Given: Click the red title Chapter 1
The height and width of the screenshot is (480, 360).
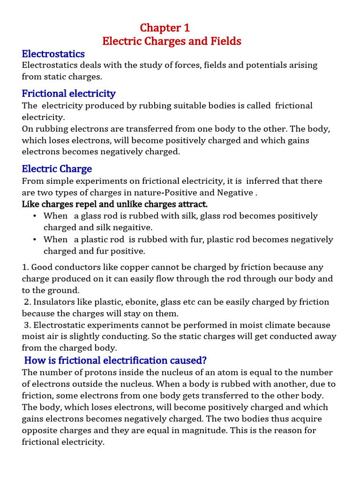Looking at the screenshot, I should tap(165, 28).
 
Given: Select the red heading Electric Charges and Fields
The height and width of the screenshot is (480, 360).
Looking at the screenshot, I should tap(172, 41).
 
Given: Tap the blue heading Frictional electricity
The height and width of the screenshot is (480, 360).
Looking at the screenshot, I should tap(68, 93).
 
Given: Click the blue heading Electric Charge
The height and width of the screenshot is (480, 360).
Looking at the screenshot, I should tap(57, 169).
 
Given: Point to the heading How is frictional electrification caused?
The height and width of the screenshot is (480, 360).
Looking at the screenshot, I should tap(115, 360).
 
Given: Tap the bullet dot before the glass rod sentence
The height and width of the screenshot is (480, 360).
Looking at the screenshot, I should tap(35, 216).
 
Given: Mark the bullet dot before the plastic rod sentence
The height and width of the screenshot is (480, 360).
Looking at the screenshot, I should tap(35, 240).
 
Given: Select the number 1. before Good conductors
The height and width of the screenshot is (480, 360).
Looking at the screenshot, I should tap(25, 267).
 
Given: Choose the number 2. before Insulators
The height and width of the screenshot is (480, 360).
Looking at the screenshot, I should tap(28, 302).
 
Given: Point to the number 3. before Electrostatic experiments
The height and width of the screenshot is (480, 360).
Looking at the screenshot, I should tap(28, 325).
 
